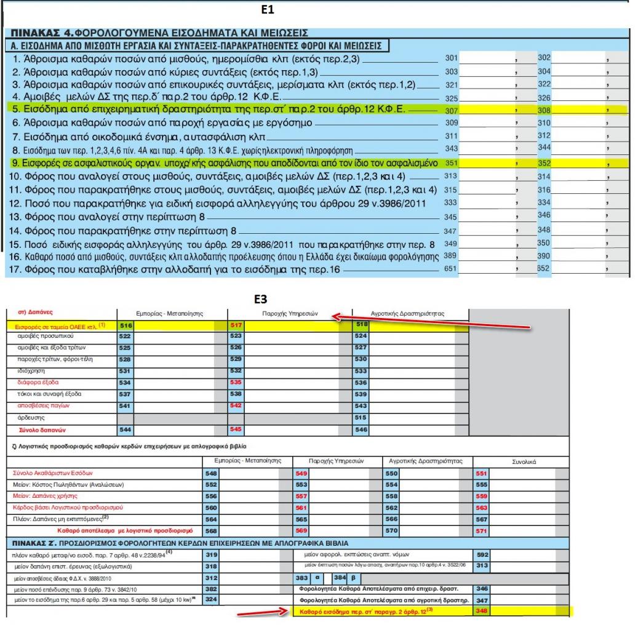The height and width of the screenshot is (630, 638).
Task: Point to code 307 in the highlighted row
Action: click(451, 110)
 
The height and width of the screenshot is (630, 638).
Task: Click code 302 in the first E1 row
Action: click(544, 58)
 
